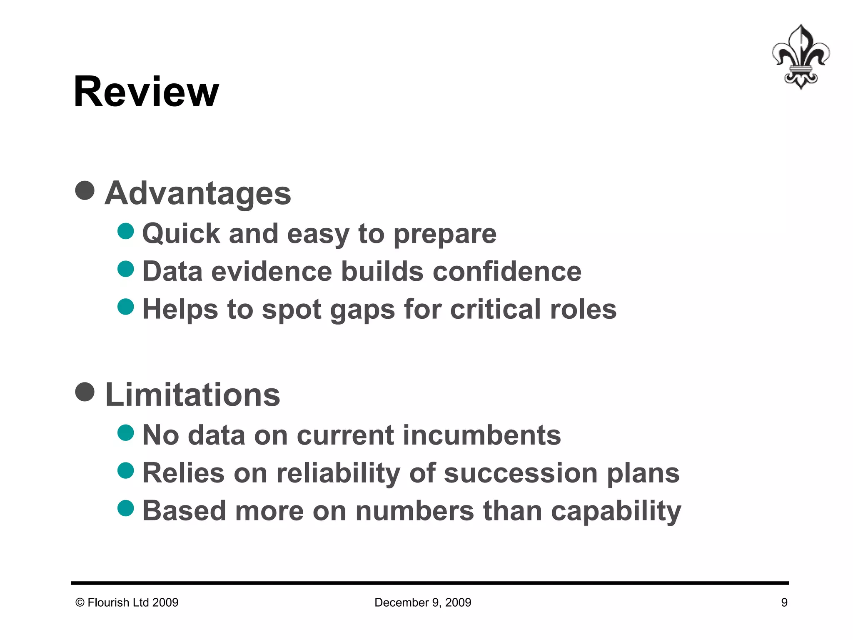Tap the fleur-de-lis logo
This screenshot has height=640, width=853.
(801, 57)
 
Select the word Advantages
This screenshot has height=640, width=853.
(198, 193)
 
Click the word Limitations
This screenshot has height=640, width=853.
(192, 395)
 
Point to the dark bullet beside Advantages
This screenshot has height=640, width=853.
(85, 190)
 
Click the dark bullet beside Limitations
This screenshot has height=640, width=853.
(85, 392)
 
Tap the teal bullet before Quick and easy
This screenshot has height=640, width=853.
(126, 231)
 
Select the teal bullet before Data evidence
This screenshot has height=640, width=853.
(126, 269)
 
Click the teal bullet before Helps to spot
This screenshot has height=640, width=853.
(126, 307)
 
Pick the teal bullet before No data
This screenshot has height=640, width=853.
(126, 432)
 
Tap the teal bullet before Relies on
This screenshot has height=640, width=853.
(126, 470)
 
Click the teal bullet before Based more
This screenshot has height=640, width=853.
(126, 508)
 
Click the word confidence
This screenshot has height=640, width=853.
(507, 272)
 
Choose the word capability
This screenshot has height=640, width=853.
(616, 512)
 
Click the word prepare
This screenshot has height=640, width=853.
(445, 234)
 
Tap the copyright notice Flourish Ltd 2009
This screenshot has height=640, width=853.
(127, 602)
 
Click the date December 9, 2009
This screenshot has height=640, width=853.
(423, 602)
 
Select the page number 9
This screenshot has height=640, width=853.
(784, 602)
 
